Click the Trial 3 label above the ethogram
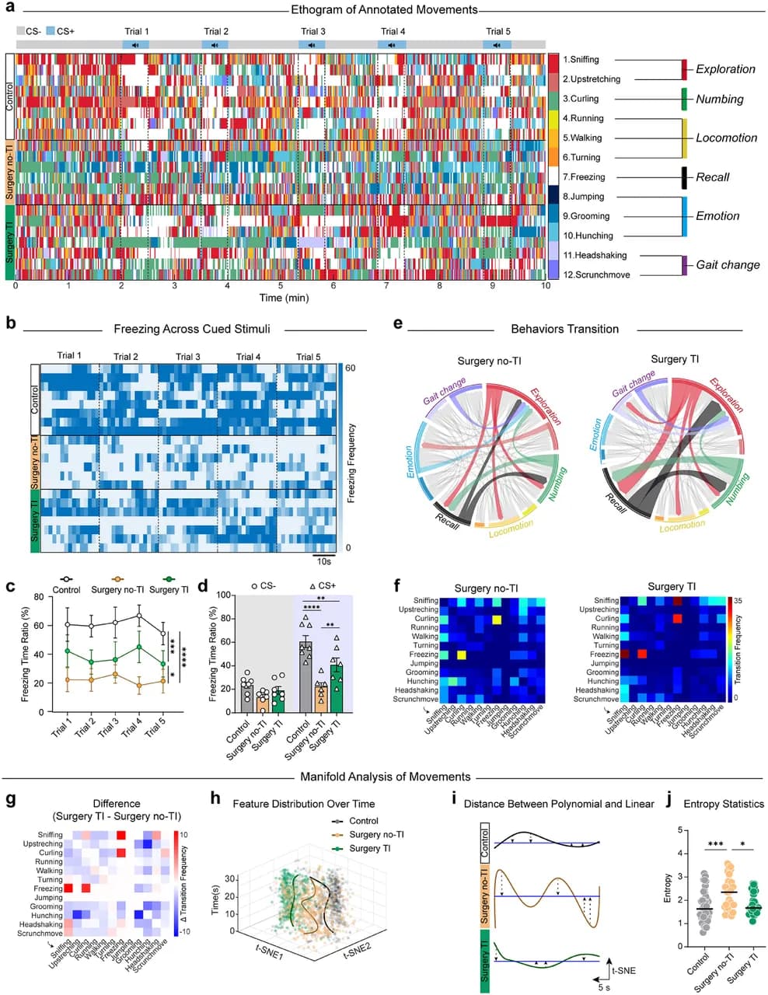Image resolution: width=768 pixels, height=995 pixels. [313, 31]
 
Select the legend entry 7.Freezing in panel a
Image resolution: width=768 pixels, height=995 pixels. [584, 177]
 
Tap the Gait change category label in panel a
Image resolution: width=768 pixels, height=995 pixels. [728, 265]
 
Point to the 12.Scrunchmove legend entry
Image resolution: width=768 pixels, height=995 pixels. [596, 275]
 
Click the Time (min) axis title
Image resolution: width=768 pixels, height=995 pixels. [284, 298]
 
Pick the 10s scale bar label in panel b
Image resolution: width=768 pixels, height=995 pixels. [323, 561]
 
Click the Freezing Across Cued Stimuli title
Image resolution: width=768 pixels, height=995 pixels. [192, 329]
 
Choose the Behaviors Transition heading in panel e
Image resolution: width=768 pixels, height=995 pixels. [565, 329]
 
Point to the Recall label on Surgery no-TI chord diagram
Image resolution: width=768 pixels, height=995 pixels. [447, 522]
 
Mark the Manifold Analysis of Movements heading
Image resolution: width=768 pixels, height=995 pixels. [386, 777]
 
